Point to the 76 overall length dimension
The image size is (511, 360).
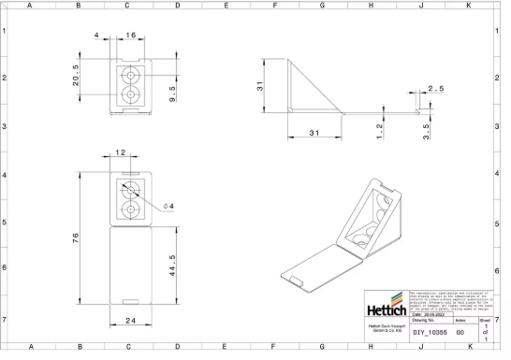point(77,238)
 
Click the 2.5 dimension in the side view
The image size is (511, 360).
point(436,88)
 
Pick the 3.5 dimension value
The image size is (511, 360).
point(426,130)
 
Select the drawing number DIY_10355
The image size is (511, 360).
point(431,332)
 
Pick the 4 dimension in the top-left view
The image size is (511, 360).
point(96,35)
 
